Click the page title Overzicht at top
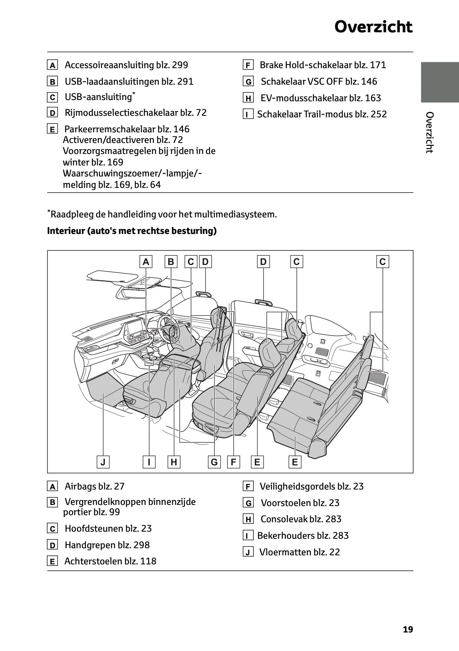tap(373, 27)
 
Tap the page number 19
tap(408, 629)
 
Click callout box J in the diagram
tap(103, 462)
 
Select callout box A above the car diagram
tap(146, 262)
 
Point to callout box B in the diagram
tap(171, 262)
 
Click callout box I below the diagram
tap(149, 462)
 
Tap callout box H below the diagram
tap(174, 462)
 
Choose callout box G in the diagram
tap(214, 462)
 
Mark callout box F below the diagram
tap(233, 462)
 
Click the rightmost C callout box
tap(383, 262)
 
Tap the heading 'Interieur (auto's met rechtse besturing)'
tap(132, 231)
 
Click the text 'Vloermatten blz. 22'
tap(299, 552)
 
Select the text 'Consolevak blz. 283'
tap(301, 519)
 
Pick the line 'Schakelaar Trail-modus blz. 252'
tap(322, 114)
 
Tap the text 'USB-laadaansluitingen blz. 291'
tap(129, 82)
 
